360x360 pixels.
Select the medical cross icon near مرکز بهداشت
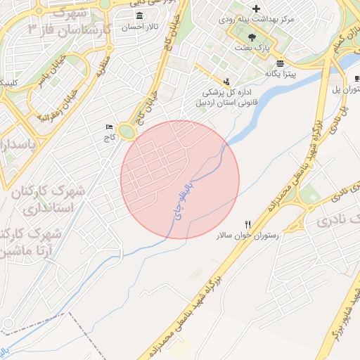point(256,8)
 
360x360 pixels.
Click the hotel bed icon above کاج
point(108,127)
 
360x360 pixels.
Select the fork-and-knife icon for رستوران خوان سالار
point(247,224)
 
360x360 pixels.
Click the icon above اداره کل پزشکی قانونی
point(226,82)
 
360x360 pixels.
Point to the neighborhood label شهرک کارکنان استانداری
point(42,200)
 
